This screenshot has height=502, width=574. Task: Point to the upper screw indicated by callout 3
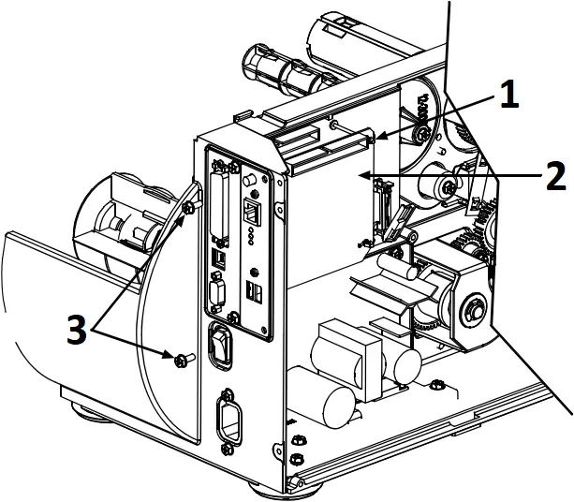click(x=189, y=208)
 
